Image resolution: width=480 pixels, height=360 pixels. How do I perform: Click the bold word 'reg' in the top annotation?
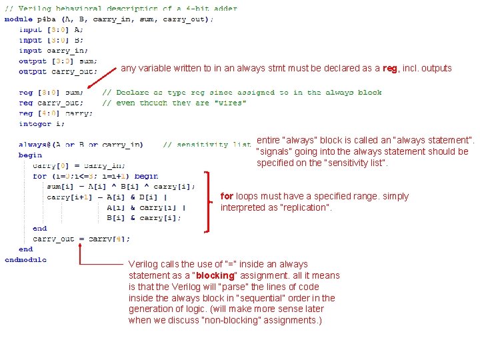[389, 68]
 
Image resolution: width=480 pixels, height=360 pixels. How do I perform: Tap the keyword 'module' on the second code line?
[18, 19]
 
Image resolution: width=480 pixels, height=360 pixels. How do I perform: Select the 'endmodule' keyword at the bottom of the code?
[25, 259]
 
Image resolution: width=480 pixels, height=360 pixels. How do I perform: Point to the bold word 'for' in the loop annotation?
[227, 196]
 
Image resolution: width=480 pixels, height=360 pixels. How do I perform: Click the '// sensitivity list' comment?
[207, 144]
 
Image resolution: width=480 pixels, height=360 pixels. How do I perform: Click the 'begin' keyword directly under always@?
[30, 155]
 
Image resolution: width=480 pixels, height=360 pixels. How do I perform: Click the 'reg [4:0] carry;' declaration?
[56, 113]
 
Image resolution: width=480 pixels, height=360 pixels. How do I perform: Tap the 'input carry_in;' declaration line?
[53, 50]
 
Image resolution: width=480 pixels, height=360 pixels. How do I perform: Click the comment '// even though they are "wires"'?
[174, 103]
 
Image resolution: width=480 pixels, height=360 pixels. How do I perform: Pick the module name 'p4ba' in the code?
[45, 19]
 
